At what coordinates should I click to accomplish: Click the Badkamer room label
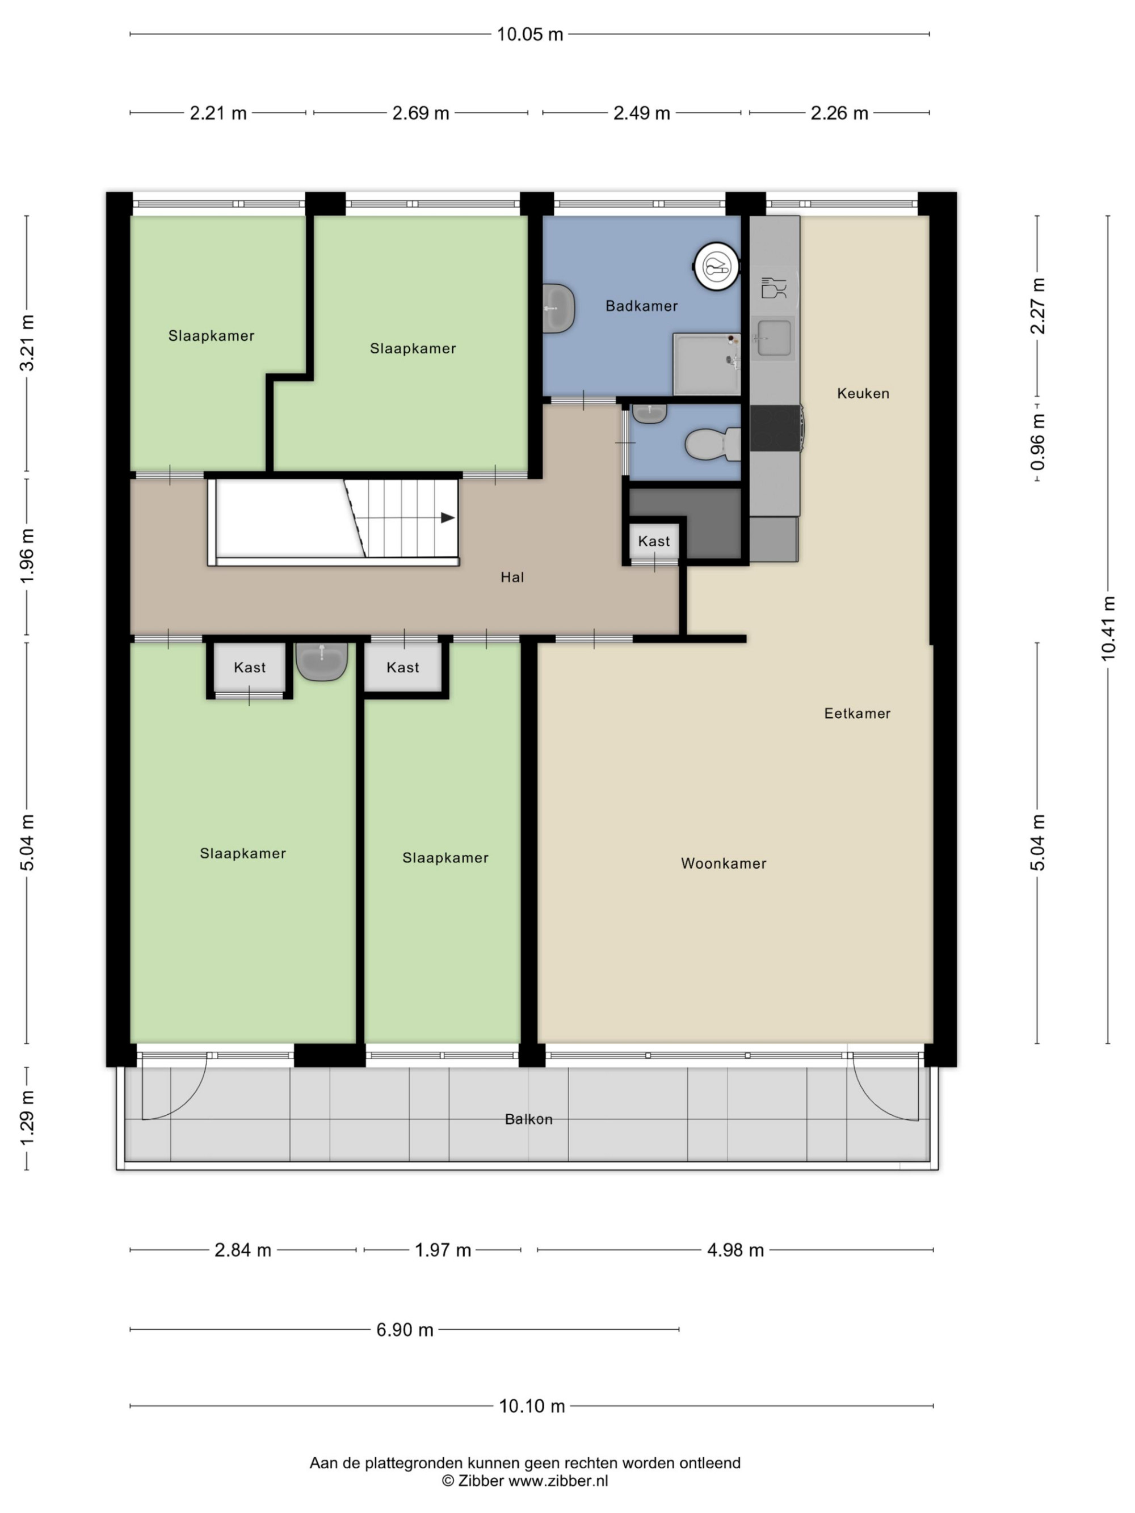(x=641, y=306)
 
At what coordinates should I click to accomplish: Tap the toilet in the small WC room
(x=712, y=444)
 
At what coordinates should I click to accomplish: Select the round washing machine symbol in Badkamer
(x=716, y=265)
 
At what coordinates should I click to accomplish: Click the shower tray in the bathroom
(x=707, y=364)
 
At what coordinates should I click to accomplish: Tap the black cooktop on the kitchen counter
(x=775, y=428)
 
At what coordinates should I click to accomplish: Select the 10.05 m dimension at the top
(x=529, y=34)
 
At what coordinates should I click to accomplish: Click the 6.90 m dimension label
(x=405, y=1330)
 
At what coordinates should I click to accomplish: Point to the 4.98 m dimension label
(x=735, y=1250)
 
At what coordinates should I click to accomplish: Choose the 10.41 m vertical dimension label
(x=1108, y=629)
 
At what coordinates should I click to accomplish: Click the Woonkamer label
(x=724, y=863)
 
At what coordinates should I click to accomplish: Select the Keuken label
(x=863, y=393)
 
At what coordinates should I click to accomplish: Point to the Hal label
(x=512, y=578)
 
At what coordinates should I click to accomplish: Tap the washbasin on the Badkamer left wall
(x=559, y=309)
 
